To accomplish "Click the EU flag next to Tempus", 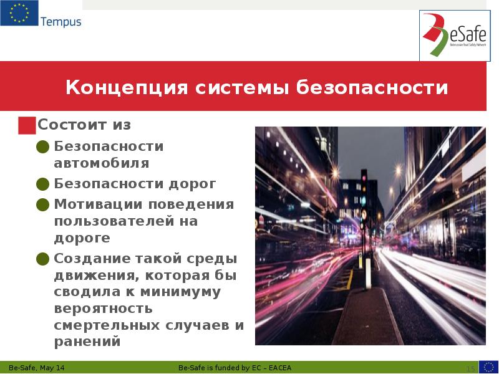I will tap(19, 14).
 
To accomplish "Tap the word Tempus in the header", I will tap(61, 22).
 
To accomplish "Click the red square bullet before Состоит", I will tap(27, 125).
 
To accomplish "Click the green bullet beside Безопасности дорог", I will tap(42, 185).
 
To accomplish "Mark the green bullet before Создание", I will tap(42, 259).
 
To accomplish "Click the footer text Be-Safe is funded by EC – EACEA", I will tap(240, 367).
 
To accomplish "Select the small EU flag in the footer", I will tap(488, 367).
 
